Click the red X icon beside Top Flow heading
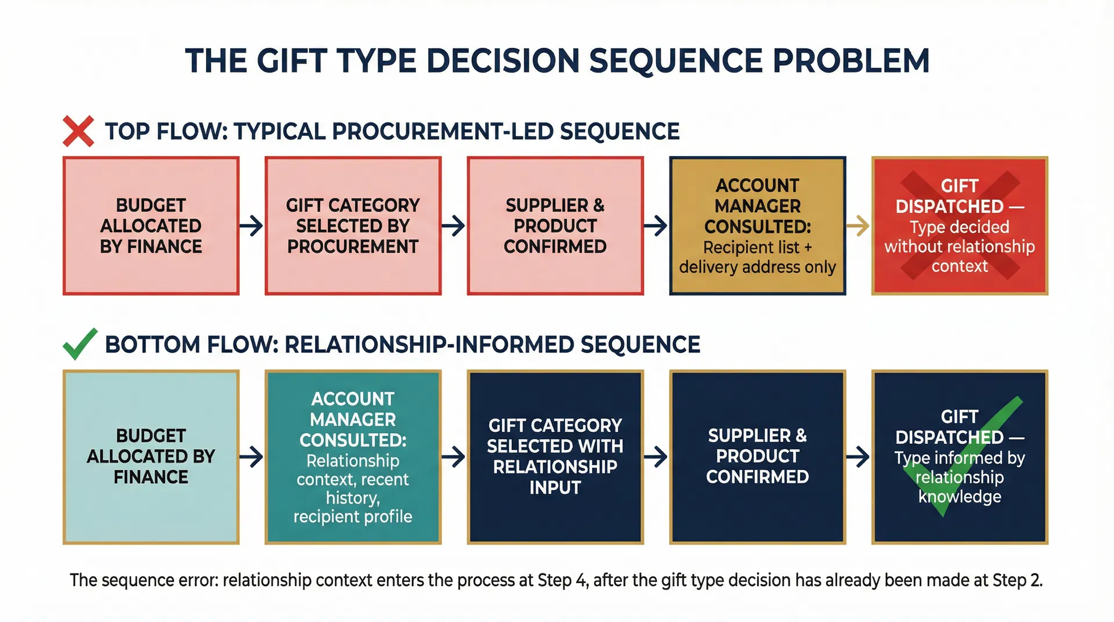coord(78,131)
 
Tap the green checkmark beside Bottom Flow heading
coord(79,344)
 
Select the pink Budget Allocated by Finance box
coord(151,226)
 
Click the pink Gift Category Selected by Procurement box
coord(353,226)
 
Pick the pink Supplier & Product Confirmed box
coord(555,226)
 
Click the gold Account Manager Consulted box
coord(757,226)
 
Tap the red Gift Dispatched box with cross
coord(960,226)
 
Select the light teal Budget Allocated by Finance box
coord(151,457)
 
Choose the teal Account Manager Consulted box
coord(353,457)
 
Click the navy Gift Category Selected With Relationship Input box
coord(555,457)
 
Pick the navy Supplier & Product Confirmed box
coord(757,457)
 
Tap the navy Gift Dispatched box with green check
coord(960,457)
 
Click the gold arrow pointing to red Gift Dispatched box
coord(858,226)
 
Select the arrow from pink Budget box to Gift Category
coord(251,226)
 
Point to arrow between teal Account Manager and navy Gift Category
coord(454,457)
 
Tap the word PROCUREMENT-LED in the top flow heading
coord(441,132)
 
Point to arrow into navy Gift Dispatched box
coord(858,457)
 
